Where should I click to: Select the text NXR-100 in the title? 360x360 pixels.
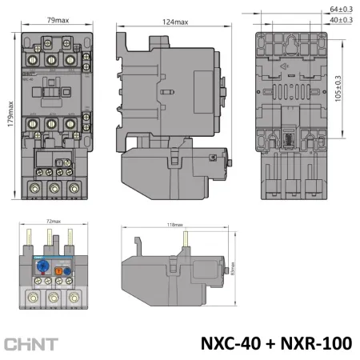tap(318, 342)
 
